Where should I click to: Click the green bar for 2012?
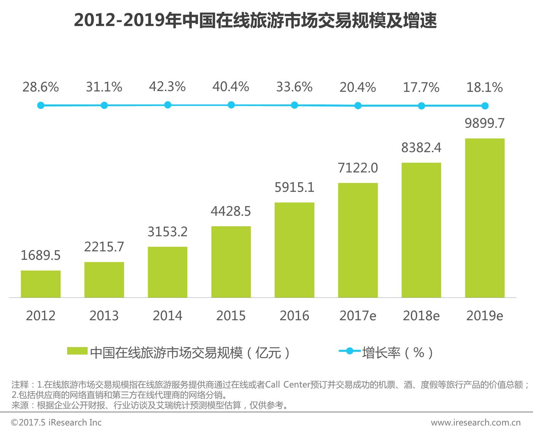coord(41,284)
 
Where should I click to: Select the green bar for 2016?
coord(294,250)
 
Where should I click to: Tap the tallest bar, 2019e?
coord(485,218)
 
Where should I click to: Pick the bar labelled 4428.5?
coord(231,262)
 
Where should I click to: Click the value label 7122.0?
coord(358,168)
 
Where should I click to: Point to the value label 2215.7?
coord(104,247)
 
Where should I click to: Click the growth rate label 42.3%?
coord(167,87)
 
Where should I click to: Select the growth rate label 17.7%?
coord(421,88)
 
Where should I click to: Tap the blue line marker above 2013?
coord(104,105)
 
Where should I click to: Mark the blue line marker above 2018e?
coord(421,106)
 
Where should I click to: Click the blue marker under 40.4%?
coord(231,105)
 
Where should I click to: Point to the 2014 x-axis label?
coord(168,316)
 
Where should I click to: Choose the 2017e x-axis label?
coord(358,316)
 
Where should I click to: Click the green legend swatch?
coord(77,351)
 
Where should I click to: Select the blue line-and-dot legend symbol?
coord(349,351)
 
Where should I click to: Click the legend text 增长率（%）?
coord(397,353)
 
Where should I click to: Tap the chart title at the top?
coord(255,21)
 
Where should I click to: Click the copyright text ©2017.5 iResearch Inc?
coord(56,422)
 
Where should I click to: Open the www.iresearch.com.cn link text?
coord(476,422)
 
